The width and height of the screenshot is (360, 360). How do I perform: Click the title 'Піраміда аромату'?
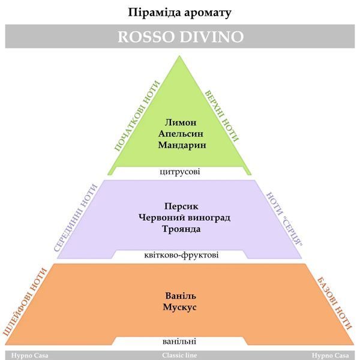[179, 13]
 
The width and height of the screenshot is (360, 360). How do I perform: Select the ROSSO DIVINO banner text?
[181, 37]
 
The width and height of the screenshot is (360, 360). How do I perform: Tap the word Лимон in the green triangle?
[181, 122]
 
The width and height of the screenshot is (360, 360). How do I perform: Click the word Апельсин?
[181, 134]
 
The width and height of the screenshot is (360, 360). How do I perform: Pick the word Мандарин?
[182, 145]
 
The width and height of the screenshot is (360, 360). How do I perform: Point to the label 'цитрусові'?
[180, 172]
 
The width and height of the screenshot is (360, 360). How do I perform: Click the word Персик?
[181, 206]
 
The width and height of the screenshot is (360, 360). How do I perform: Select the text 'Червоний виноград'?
[184, 217]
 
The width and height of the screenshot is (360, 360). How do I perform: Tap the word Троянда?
[181, 229]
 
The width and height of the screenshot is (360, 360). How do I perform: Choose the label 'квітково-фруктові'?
[181, 255]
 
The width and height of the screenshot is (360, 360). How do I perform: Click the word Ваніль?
[181, 296]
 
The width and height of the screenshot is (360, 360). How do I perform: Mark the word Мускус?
[180, 307]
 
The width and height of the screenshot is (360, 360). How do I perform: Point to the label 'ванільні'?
[179, 341]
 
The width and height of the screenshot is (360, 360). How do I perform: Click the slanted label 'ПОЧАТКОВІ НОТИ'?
[137, 116]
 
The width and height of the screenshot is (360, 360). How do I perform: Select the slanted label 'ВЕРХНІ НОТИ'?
[222, 115]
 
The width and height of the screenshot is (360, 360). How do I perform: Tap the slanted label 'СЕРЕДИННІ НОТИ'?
[76, 218]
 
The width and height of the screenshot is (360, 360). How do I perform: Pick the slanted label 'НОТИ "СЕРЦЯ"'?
[284, 219]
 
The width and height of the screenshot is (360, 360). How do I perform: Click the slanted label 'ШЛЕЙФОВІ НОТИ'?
[25, 302]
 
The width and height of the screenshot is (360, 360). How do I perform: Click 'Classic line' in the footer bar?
[179, 355]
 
